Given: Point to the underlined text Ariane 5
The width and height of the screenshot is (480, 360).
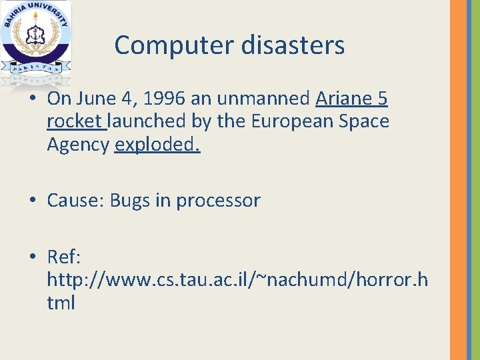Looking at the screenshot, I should tap(351, 99).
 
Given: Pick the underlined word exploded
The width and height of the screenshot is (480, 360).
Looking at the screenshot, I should tap(157, 144).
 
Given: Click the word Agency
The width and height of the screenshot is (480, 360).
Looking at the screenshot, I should tap(78, 145).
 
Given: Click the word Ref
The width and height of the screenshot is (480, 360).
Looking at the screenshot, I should tap(63, 256).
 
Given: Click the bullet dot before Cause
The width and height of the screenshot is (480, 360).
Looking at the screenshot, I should tap(33, 201).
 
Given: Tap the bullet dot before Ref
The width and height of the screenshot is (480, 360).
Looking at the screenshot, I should tap(33, 257).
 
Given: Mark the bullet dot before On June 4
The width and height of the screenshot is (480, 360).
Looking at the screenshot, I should tap(33, 99).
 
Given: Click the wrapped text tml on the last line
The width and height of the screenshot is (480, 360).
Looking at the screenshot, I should tap(61, 303).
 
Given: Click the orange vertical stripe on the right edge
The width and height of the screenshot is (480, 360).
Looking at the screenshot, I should tap(459, 180).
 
